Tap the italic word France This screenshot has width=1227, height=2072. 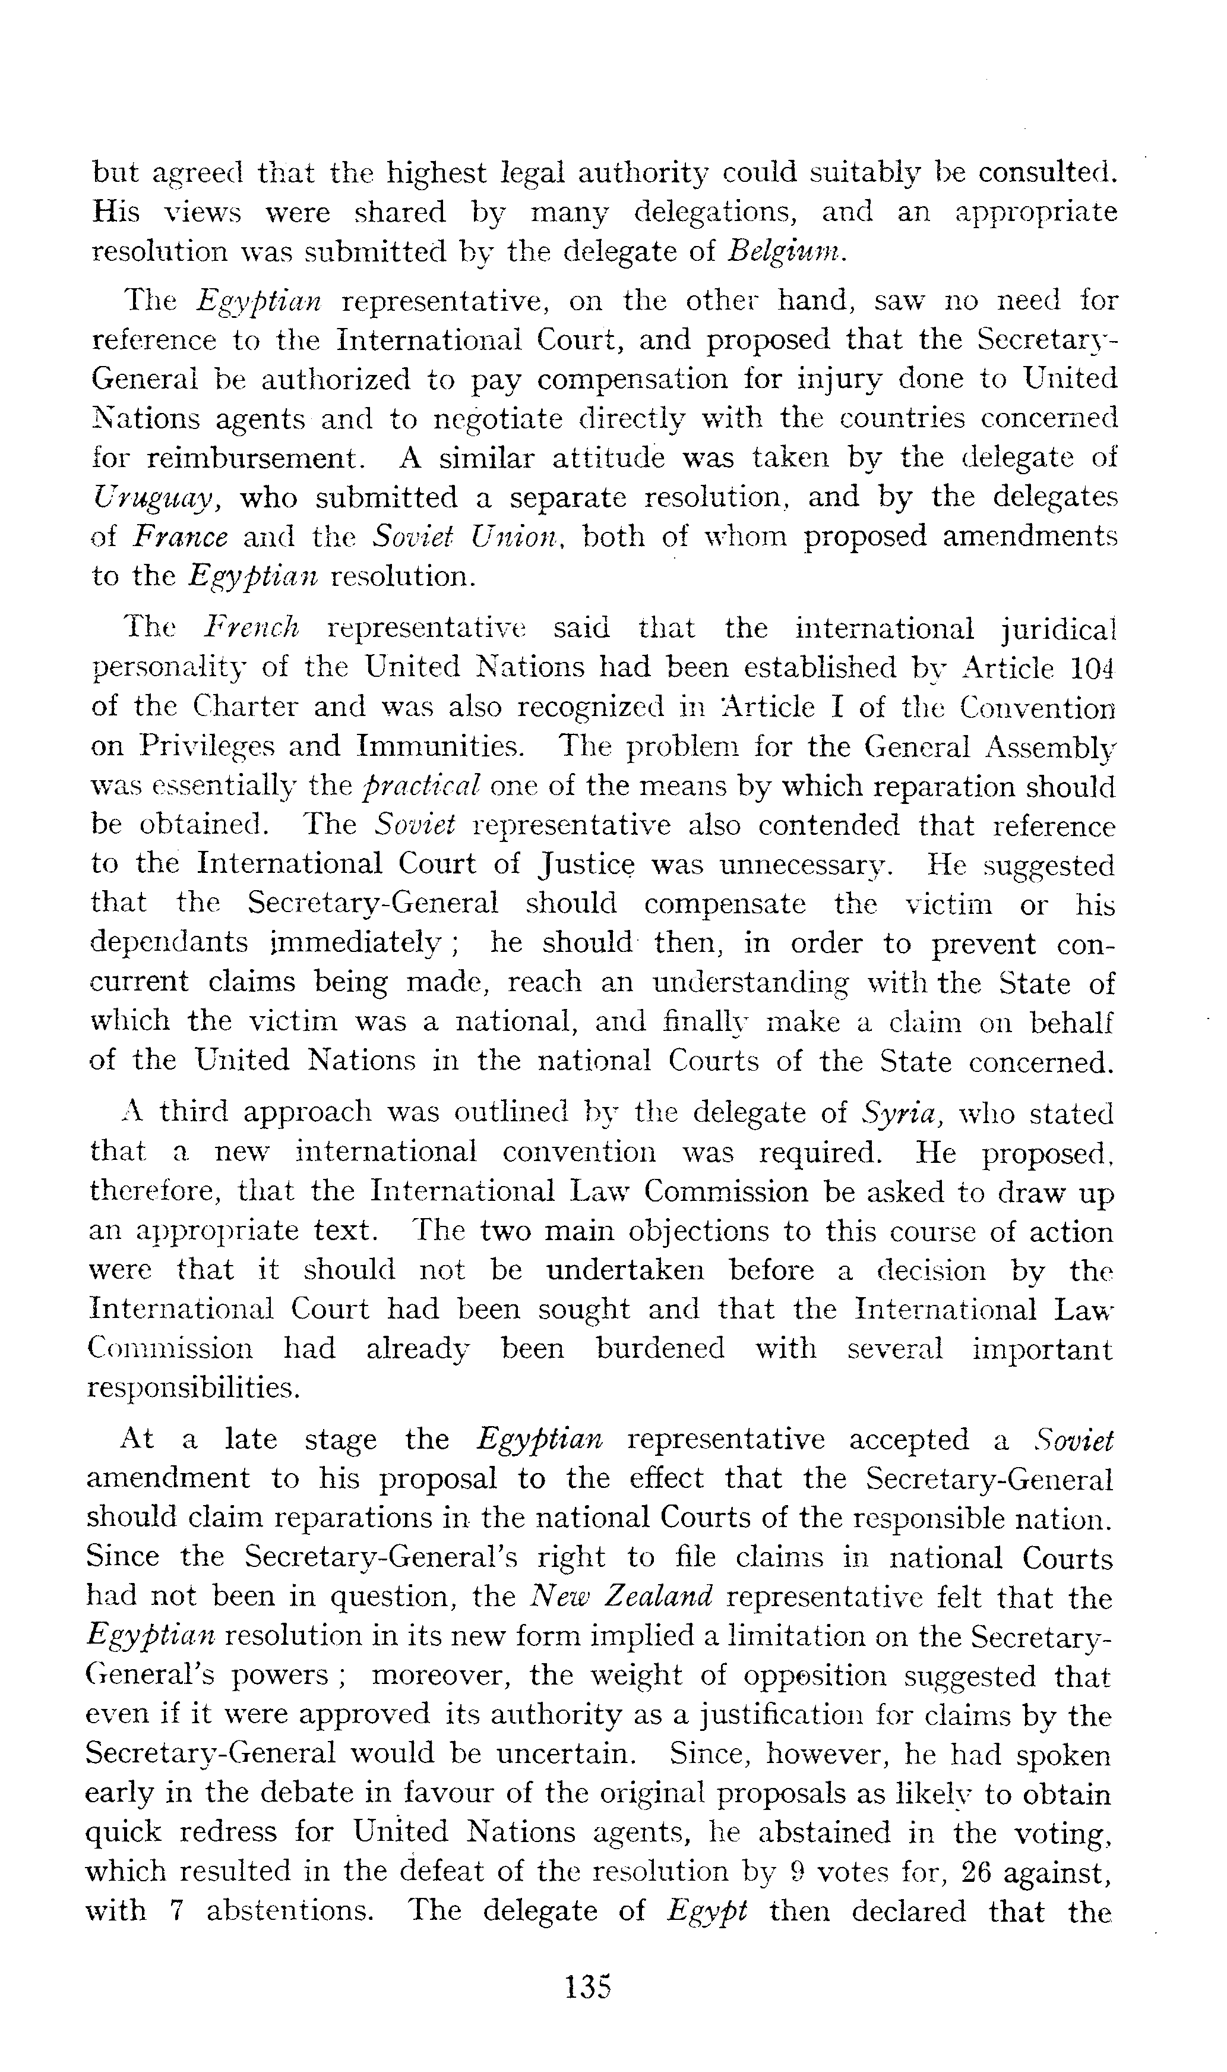(180, 538)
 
